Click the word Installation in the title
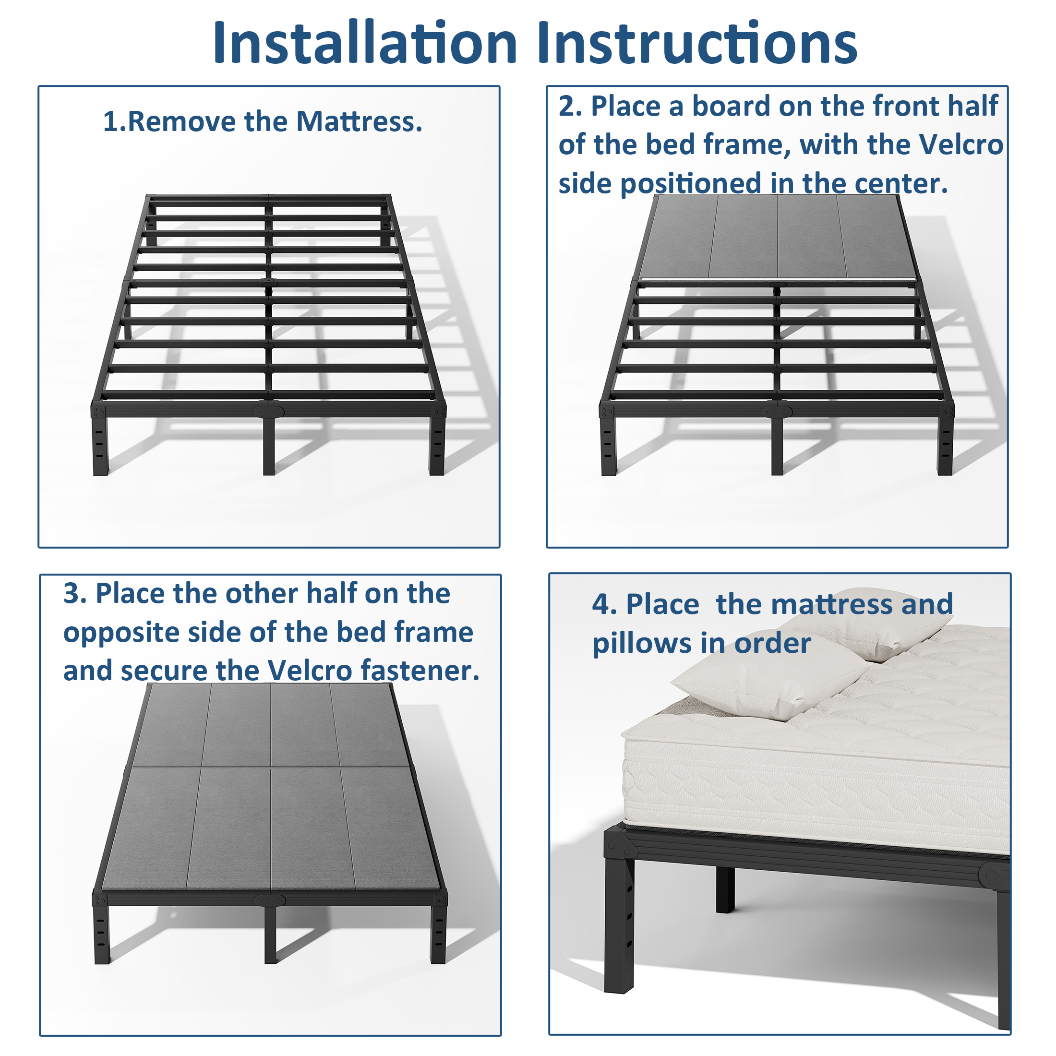[x=365, y=43]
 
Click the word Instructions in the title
[x=696, y=43]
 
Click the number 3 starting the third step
[x=72, y=593]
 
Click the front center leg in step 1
[x=269, y=445]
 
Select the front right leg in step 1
[x=437, y=445]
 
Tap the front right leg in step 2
[x=945, y=445]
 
